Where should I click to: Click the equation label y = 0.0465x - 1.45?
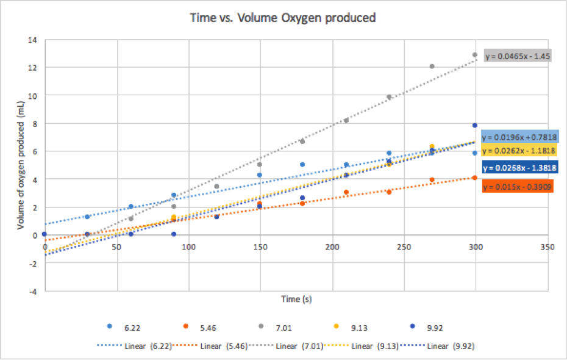(x=518, y=56)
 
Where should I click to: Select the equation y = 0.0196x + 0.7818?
(x=520, y=137)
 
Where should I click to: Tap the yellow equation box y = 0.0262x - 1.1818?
(x=520, y=150)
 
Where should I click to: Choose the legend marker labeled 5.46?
(x=186, y=327)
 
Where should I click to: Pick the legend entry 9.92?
(x=443, y=327)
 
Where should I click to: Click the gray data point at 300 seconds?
(x=475, y=55)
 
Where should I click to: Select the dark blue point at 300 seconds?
(x=475, y=125)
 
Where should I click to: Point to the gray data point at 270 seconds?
(x=432, y=66)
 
